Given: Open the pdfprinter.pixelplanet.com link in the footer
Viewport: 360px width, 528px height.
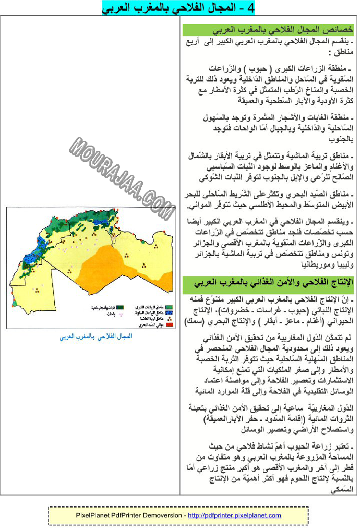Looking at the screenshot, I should (234, 516).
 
